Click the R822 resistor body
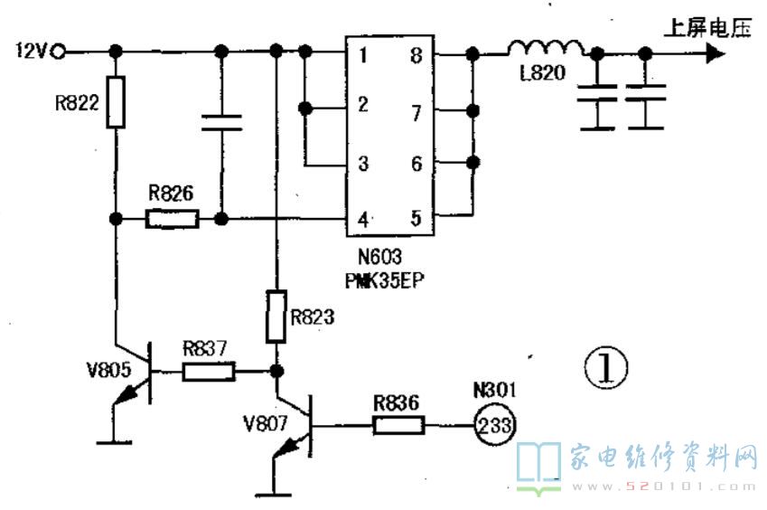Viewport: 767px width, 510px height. pyautogui.click(x=116, y=102)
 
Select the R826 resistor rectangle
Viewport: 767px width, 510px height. pyautogui.click(x=173, y=219)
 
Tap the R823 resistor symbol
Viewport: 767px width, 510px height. pyautogui.click(x=276, y=316)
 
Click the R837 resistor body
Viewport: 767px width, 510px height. pyautogui.click(x=209, y=372)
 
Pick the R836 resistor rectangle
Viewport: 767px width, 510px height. pyautogui.click(x=398, y=425)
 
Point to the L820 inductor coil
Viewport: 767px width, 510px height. pyautogui.click(x=546, y=48)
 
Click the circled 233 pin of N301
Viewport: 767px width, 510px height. pyautogui.click(x=494, y=424)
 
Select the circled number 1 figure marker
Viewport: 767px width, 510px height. pyautogui.click(x=605, y=367)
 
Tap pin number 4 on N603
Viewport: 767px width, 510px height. pyautogui.click(x=363, y=220)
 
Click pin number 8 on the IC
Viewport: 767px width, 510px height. pyautogui.click(x=416, y=55)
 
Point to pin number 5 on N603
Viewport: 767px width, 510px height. pyautogui.click(x=416, y=218)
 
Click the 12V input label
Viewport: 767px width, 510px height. pyautogui.click(x=33, y=51)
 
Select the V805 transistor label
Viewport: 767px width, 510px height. pyautogui.click(x=108, y=370)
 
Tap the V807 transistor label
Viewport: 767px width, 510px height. pyautogui.click(x=265, y=423)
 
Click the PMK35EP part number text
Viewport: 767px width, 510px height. pyautogui.click(x=385, y=281)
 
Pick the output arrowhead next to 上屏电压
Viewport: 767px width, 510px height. pyautogui.click(x=716, y=52)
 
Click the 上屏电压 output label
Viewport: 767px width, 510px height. pyautogui.click(x=707, y=28)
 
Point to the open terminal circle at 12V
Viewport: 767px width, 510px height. pyautogui.click(x=59, y=51)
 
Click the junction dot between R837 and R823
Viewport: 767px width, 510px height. pyautogui.click(x=276, y=371)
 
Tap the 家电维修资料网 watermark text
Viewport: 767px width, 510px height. pyautogui.click(x=663, y=458)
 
